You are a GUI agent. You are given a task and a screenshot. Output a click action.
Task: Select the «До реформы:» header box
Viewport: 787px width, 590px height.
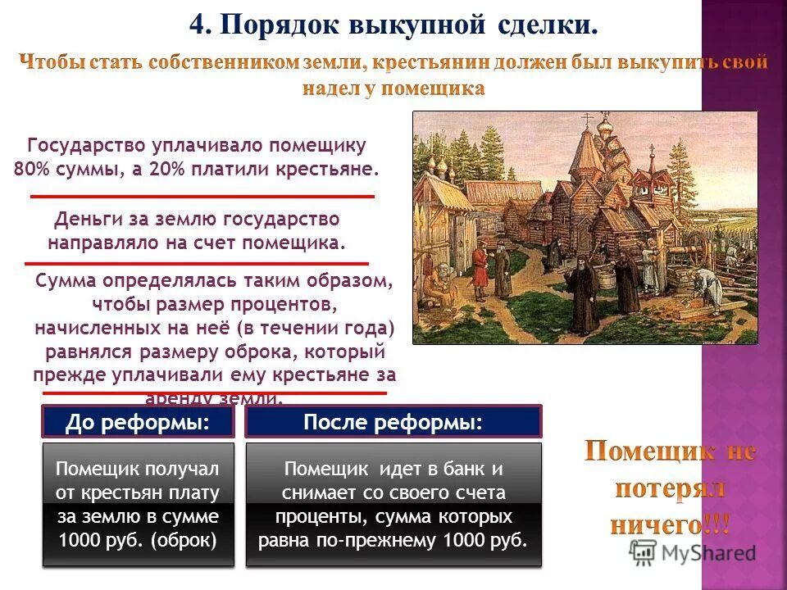point(138,422)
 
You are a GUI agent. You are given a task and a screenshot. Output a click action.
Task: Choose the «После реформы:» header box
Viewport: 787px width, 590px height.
point(393,422)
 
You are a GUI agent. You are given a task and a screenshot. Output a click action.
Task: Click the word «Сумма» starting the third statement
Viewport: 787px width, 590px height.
point(67,280)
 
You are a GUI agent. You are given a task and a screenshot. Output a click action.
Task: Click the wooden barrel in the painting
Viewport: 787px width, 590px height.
point(607,280)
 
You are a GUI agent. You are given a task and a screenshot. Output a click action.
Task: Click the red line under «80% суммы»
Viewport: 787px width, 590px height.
point(202,197)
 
